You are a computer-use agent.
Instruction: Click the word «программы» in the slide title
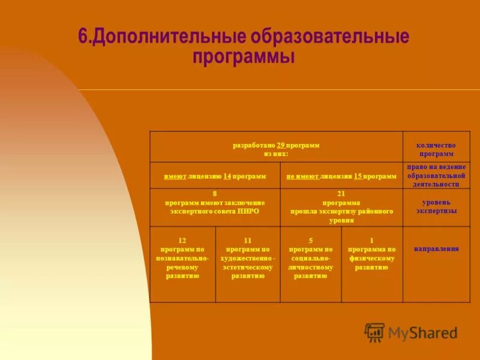click(x=244, y=58)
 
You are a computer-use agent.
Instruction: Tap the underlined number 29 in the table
click(x=281, y=145)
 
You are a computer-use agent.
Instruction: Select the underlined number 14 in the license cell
click(x=227, y=176)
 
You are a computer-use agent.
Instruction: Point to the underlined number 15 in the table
click(x=358, y=176)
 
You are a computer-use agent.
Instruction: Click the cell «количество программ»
click(x=436, y=149)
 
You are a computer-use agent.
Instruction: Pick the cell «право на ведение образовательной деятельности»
click(x=436, y=175)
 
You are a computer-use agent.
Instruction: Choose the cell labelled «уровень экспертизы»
click(x=436, y=207)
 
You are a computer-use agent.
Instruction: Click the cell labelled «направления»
click(x=436, y=248)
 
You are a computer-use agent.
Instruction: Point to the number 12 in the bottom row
click(x=182, y=240)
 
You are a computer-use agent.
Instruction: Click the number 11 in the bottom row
click(x=247, y=240)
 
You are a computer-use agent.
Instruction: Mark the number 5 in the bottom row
click(x=311, y=240)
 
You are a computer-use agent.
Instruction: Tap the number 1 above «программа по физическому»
click(x=371, y=240)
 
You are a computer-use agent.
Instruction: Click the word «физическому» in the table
click(x=371, y=258)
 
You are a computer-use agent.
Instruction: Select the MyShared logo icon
click(x=374, y=332)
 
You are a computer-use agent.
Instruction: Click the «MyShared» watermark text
click(x=422, y=333)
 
